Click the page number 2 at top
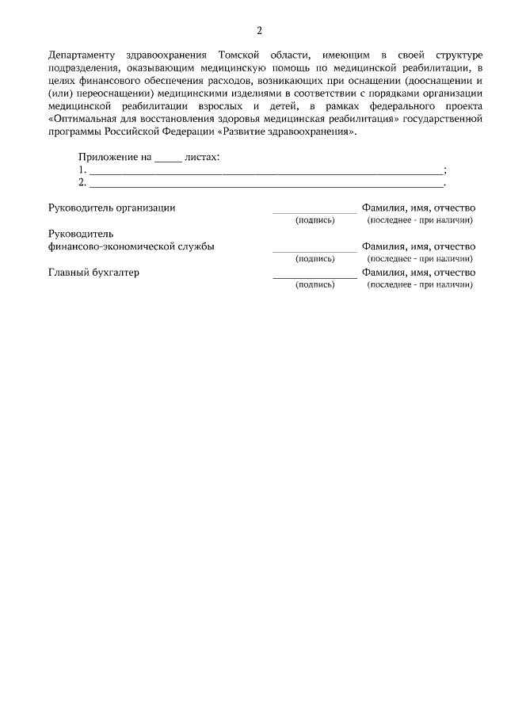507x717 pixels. click(259, 31)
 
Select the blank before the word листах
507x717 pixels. click(167, 158)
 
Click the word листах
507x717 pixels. click(201, 157)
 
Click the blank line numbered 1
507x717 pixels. click(265, 171)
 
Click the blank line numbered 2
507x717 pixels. click(265, 184)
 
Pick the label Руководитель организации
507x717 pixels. click(112, 208)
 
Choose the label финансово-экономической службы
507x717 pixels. click(132, 246)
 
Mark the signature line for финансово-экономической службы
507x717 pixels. click(314, 250)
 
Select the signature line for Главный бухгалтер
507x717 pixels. click(314, 277)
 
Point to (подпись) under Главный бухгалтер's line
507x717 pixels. click(314, 284)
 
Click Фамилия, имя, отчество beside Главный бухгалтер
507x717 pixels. click(418, 273)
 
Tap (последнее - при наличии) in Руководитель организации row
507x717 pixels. click(420, 219)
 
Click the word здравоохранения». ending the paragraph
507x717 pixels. click(312, 132)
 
